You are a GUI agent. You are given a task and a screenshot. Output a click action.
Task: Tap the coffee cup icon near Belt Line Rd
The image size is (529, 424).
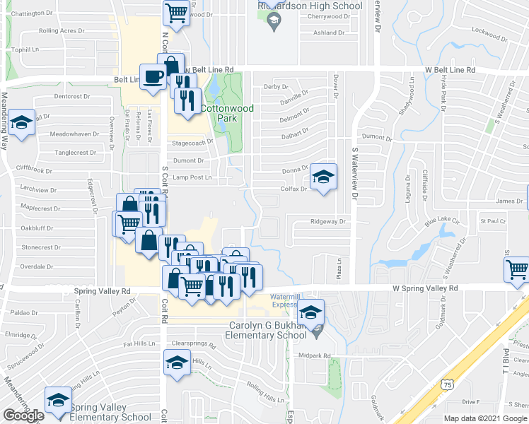coord(152,76)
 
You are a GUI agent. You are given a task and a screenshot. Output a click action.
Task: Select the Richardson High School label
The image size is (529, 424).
coord(309,6)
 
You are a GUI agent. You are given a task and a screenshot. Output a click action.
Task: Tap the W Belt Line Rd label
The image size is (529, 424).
coord(450,70)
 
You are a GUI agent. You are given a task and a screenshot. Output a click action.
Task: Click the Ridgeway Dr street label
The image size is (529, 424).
coord(330,221)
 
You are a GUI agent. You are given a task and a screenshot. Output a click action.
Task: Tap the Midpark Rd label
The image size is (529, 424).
coord(315,355)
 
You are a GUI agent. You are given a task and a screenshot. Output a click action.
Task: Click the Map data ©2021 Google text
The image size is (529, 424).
coord(485,418)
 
